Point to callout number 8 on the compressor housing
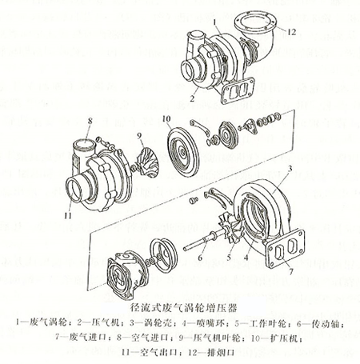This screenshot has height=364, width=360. [x=90, y=120]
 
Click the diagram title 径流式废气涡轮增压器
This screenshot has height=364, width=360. [x=181, y=306]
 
